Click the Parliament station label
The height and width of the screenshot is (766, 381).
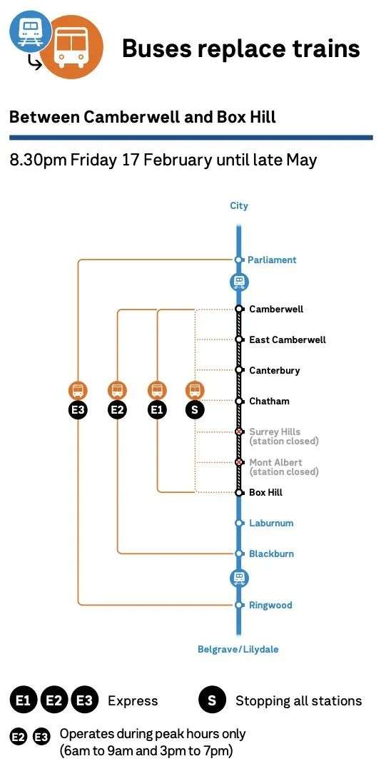tap(272, 260)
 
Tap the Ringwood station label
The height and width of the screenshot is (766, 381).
tap(270, 606)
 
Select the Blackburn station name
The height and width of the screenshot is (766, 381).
tap(271, 553)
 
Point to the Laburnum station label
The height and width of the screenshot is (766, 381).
tap(271, 523)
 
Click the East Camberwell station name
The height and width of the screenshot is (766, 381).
tap(288, 339)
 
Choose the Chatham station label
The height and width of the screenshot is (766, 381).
tap(269, 401)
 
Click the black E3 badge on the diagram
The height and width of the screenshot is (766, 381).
tap(78, 410)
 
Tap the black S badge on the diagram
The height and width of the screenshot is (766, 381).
tap(195, 410)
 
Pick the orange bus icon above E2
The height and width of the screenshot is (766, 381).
tap(117, 390)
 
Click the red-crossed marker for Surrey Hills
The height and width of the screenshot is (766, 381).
tap(239, 431)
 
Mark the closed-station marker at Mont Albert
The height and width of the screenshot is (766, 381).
tap(239, 462)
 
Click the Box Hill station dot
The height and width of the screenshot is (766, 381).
tap(239, 492)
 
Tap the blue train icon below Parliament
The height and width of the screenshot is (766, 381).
tap(239, 282)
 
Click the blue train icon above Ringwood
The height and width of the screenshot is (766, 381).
tap(239, 578)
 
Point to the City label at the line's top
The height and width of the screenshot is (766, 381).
tap(239, 205)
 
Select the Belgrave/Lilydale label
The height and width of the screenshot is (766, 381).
tap(238, 649)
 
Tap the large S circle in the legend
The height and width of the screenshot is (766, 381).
tap(212, 701)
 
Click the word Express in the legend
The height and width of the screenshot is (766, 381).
tap(133, 702)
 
